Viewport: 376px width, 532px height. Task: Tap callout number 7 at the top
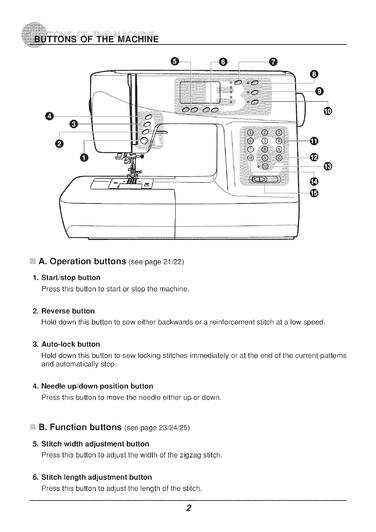272,61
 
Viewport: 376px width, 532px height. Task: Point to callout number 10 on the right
327,111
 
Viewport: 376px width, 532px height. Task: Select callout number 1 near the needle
84,158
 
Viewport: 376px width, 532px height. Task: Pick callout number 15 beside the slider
315,194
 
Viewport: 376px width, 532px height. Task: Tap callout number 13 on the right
327,166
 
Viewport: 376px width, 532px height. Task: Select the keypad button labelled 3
279,133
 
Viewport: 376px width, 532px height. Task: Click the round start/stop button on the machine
144,140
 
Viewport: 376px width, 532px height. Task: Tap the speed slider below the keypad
265,179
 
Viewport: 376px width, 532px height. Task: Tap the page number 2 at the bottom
188,508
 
